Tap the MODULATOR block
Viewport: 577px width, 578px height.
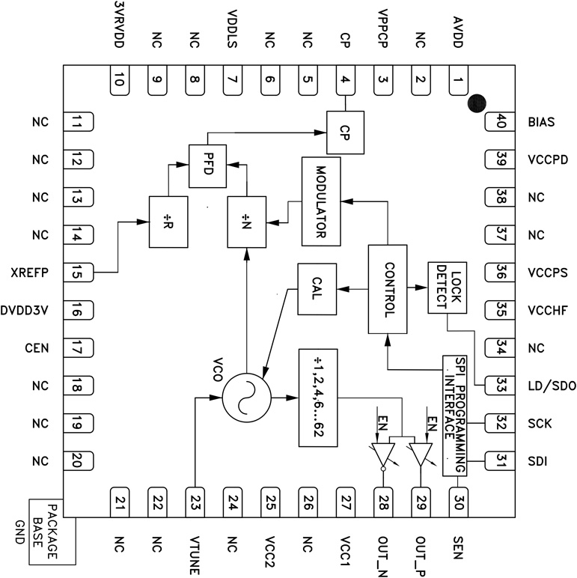click(320, 201)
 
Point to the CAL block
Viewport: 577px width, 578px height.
click(316, 289)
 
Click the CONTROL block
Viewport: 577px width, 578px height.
click(387, 289)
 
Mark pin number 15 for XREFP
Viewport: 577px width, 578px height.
click(77, 273)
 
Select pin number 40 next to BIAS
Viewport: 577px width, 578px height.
click(500, 121)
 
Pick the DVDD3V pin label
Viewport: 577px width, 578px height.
click(25, 310)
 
